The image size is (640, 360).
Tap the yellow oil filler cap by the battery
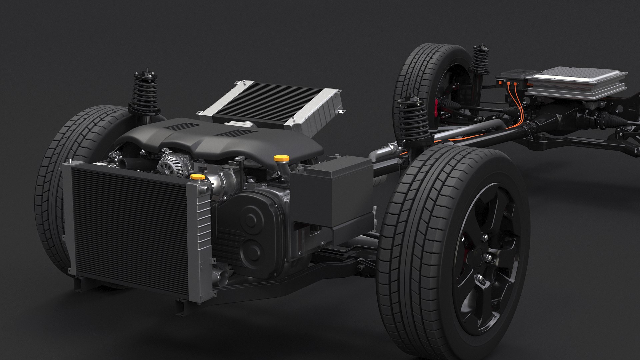(x=278, y=158)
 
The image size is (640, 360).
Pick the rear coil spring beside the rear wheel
(x=479, y=62)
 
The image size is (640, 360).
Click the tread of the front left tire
(x=50, y=200)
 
